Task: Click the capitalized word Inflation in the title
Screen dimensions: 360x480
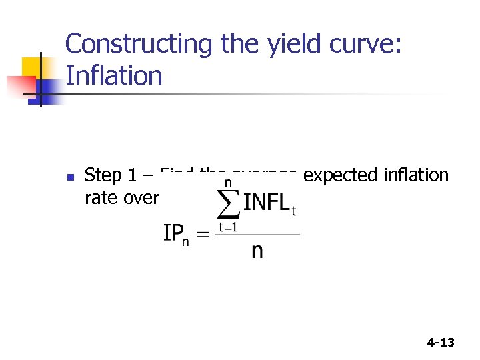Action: [x=113, y=75]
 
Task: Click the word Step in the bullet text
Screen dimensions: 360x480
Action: [x=103, y=176]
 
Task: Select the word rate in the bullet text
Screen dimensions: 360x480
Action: [x=99, y=198]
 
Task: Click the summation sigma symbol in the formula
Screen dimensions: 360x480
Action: [x=228, y=203]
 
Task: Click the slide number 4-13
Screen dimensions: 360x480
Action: [x=440, y=343]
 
